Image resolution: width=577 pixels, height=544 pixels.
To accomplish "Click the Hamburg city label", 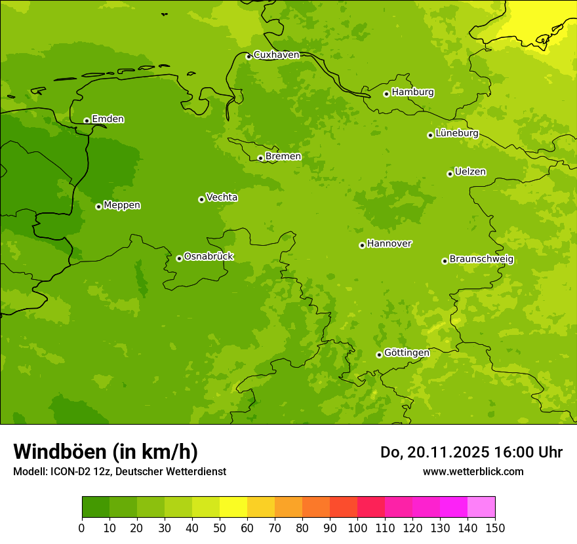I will [x=412, y=92].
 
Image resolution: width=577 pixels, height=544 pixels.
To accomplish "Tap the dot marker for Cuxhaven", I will [x=249, y=56].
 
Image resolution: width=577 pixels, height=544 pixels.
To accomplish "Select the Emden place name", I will [x=108, y=119].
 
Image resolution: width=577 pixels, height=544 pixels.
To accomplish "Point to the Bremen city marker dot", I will [x=260, y=158].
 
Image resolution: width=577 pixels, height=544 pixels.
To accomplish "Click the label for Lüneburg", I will [x=456, y=133].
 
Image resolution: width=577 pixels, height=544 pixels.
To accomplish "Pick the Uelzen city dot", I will [x=450, y=174].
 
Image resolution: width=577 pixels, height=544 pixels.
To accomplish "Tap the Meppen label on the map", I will [x=122, y=205].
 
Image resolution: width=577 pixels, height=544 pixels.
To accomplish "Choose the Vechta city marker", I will [x=201, y=199].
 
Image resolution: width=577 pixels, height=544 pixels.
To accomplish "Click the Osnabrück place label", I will [x=209, y=256].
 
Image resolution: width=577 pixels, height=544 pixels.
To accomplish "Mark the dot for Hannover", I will [x=362, y=245].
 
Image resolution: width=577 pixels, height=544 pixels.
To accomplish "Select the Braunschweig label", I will [x=481, y=260].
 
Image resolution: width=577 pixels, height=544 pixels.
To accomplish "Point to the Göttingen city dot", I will [x=379, y=355].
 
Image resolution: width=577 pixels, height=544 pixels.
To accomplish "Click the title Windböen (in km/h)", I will [x=106, y=452].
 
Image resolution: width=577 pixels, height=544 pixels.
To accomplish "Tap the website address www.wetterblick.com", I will [x=473, y=471].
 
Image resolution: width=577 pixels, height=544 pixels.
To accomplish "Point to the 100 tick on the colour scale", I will [x=357, y=528].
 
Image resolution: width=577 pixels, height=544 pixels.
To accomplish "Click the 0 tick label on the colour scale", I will [x=82, y=528].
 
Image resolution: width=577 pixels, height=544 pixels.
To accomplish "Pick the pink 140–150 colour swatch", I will [x=481, y=507].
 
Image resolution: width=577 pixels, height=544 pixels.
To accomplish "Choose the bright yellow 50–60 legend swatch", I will [x=233, y=507].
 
